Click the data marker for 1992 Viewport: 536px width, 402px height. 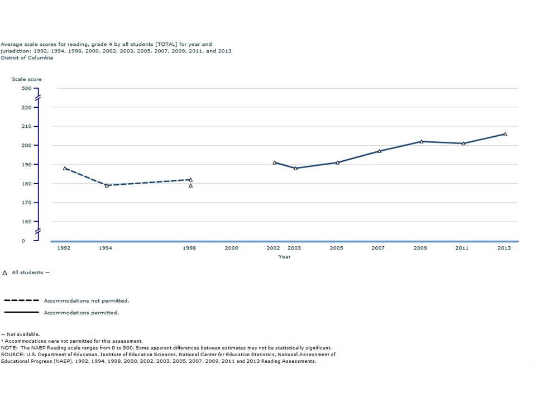click(x=65, y=168)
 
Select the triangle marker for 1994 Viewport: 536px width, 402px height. click(x=107, y=185)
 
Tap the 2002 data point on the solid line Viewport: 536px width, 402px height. click(x=274, y=162)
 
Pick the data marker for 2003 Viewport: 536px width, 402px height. click(x=295, y=168)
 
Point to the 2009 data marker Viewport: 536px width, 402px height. click(x=422, y=141)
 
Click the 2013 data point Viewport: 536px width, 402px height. click(x=505, y=134)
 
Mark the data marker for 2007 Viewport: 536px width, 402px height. click(x=379, y=151)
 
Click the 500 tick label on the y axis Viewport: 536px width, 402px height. click(x=27, y=88)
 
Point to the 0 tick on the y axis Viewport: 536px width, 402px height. click(x=23, y=241)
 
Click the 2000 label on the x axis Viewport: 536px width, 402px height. click(x=231, y=248)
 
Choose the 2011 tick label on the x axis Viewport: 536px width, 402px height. click(x=462, y=248)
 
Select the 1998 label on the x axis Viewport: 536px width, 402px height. click(x=189, y=248)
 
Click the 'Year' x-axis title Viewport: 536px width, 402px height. click(x=284, y=257)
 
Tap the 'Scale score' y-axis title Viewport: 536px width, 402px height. click(x=27, y=79)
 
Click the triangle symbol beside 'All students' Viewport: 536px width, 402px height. click(x=5, y=272)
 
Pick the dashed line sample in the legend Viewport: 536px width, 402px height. click(x=21, y=300)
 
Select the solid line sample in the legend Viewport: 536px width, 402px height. click(x=21, y=312)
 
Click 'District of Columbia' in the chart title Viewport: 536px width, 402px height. click(x=27, y=58)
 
